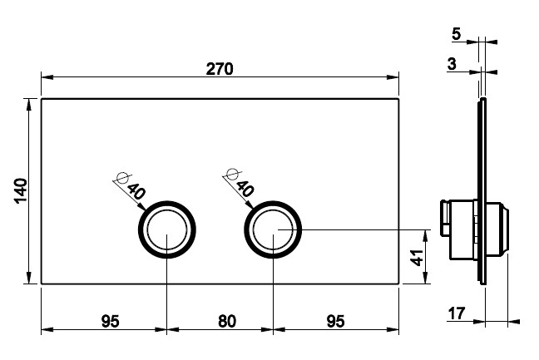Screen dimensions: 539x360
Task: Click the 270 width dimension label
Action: tap(220, 69)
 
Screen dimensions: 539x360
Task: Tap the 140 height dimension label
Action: tap(21, 191)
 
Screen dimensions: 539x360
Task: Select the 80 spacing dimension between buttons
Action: tap(227, 321)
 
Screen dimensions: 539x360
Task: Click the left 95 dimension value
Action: tap(111, 321)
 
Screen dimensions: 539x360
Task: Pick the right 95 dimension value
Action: tap(335, 321)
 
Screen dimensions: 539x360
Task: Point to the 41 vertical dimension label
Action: tap(417, 257)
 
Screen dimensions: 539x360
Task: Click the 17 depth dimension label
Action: tap(457, 313)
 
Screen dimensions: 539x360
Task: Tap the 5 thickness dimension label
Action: tap(456, 33)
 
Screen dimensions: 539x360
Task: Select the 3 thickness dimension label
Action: tap(452, 64)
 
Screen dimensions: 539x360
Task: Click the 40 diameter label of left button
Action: tap(136, 191)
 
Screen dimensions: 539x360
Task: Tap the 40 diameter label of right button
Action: tap(245, 188)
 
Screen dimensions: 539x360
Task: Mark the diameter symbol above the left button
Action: tap(122, 178)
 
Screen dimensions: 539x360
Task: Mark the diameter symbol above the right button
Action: tap(232, 175)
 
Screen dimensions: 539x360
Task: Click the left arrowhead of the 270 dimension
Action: tap(47, 77)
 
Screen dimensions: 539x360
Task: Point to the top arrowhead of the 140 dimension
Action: tap(28, 105)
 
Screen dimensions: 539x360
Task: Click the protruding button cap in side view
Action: tap(498, 229)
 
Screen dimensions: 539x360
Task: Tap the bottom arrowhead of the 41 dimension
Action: tap(426, 278)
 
